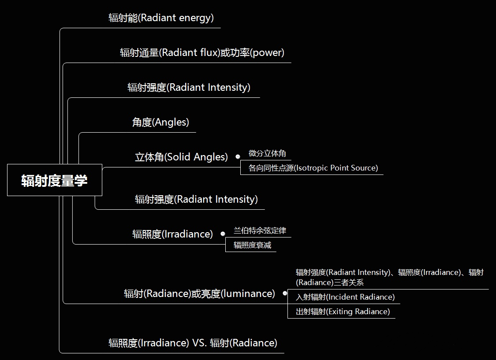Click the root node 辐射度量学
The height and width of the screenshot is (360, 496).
pyautogui.click(x=55, y=180)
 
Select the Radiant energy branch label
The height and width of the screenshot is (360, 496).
pyautogui.click(x=161, y=18)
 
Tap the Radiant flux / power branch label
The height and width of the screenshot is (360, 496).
pyautogui.click(x=202, y=53)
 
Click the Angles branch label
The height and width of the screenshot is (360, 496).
pyautogui.click(x=160, y=122)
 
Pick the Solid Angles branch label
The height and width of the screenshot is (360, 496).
pyautogui.click(x=181, y=157)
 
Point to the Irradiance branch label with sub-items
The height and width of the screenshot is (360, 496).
pyautogui.click(x=172, y=234)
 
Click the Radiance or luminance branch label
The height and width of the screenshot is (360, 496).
pyautogui.click(x=199, y=293)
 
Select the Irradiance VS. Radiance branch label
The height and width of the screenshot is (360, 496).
pyautogui.click(x=193, y=343)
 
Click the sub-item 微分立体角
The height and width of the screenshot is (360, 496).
pyautogui.click(x=267, y=153)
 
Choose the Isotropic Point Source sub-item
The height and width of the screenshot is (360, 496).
pyautogui.click(x=313, y=168)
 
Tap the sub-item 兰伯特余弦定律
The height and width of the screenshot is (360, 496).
pyautogui.click(x=260, y=230)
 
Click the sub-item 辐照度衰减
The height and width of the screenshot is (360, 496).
pyautogui.click(x=252, y=245)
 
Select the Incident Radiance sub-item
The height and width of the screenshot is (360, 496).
pyautogui.click(x=345, y=297)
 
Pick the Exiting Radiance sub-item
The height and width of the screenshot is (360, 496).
pyautogui.click(x=343, y=312)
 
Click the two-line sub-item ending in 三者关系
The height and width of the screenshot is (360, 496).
pyautogui.click(x=389, y=277)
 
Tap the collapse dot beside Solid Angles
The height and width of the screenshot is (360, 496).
pyautogui.click(x=238, y=156)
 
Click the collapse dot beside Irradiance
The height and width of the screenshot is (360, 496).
pyautogui.click(x=223, y=234)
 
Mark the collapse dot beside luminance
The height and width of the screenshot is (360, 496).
pyautogui.click(x=285, y=293)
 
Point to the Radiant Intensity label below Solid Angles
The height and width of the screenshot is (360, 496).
pyautogui.click(x=196, y=199)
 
